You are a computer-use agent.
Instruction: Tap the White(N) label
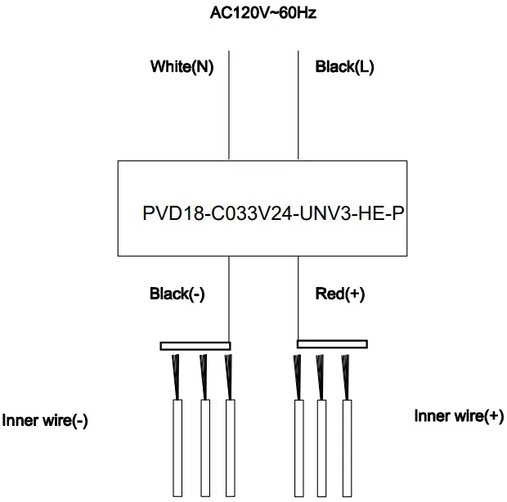pos(182,67)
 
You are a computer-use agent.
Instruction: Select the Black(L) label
pos(344,67)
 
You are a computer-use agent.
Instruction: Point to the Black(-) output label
pos(177,294)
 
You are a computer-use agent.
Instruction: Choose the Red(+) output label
pos(339,294)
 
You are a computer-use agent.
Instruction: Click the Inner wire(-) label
pos(45,421)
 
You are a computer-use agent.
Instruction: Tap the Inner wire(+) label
pos(459,416)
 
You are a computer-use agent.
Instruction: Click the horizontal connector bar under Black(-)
pos(195,346)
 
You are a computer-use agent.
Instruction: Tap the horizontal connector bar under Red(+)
pos(332,344)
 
